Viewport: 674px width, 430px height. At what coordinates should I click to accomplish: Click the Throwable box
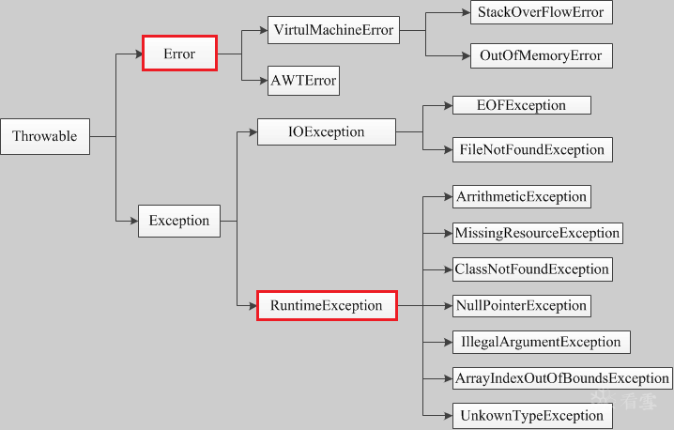(45, 136)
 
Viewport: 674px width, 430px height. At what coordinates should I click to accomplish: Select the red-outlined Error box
(179, 54)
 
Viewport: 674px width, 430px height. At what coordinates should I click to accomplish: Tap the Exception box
(179, 221)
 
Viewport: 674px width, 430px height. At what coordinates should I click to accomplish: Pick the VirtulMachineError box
(333, 30)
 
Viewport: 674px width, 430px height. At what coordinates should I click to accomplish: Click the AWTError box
(303, 81)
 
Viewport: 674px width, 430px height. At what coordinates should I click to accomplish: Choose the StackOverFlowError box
(542, 12)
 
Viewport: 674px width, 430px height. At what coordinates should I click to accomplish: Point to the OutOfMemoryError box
(542, 55)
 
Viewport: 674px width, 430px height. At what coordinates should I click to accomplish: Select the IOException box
(327, 131)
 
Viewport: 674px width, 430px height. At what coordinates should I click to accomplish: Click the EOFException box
(522, 105)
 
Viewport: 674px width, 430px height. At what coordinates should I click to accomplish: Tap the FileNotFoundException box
(532, 149)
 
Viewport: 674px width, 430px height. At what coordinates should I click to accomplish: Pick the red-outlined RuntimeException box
(327, 306)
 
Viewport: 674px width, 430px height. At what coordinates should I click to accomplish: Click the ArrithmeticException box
(522, 196)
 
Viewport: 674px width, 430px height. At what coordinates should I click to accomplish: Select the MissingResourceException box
(538, 233)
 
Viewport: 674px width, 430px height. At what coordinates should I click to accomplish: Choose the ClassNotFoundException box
(532, 269)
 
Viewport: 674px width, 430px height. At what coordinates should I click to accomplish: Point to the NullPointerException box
(522, 306)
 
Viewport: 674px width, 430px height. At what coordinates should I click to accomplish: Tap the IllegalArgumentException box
(542, 342)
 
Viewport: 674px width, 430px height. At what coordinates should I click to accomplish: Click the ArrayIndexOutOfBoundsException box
(562, 378)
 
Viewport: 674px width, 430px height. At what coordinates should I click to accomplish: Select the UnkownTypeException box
(532, 416)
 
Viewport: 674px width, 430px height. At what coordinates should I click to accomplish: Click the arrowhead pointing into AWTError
(264, 81)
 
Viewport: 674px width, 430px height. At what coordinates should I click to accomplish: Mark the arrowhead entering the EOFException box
(449, 105)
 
